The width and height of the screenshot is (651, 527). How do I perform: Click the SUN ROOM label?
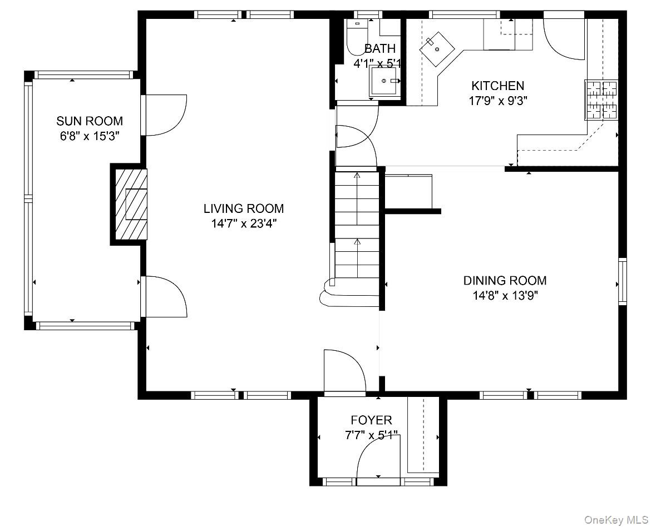pyautogui.click(x=90, y=121)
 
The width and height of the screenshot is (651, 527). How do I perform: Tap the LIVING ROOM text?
pyautogui.click(x=244, y=208)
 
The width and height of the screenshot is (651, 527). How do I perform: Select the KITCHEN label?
pyautogui.click(x=498, y=86)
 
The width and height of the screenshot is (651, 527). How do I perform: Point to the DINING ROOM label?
pyautogui.click(x=505, y=281)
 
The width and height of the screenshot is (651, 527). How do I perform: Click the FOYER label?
pyautogui.click(x=371, y=420)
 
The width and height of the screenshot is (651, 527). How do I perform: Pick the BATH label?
pyautogui.click(x=380, y=48)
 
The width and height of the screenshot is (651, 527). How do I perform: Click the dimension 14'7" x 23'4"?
pyautogui.click(x=244, y=224)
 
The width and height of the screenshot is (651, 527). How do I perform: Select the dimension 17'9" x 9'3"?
pyautogui.click(x=498, y=101)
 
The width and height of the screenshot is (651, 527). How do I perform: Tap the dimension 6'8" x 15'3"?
pyautogui.click(x=90, y=137)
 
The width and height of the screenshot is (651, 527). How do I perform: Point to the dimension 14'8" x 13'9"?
pyautogui.click(x=505, y=296)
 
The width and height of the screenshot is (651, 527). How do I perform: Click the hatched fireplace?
pyautogui.click(x=131, y=204)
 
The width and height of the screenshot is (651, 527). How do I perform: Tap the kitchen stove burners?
pyautogui.click(x=601, y=100)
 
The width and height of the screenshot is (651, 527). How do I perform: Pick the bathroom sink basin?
pyautogui.click(x=385, y=81)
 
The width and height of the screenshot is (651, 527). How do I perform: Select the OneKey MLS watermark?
pyautogui.click(x=616, y=520)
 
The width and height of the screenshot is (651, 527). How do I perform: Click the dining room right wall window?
pyautogui.click(x=622, y=281)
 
